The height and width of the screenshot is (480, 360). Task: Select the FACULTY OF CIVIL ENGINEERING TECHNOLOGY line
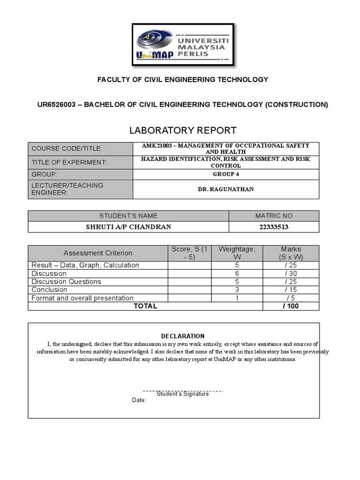[183, 80]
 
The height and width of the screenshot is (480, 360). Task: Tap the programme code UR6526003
[57, 105]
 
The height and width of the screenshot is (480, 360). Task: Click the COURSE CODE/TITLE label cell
[81, 149]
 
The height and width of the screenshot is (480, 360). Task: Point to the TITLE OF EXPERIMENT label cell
[81, 162]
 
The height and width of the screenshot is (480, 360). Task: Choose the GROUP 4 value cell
[226, 174]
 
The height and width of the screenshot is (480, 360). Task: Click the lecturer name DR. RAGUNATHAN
[226, 189]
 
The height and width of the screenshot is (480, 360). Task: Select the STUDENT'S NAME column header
[128, 216]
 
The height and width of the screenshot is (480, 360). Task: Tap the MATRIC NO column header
[274, 216]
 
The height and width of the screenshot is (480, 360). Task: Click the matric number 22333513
[274, 227]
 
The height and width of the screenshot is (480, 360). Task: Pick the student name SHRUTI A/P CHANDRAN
[128, 227]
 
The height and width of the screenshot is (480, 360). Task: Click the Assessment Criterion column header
[98, 253]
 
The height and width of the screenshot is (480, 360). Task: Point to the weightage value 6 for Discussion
[237, 273]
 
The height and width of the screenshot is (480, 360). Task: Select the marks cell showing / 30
[291, 273]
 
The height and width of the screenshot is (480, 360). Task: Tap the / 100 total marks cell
[291, 306]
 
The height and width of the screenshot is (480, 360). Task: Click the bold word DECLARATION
[183, 336]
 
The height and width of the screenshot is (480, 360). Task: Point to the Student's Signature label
[183, 394]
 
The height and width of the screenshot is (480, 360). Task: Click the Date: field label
[139, 400]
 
